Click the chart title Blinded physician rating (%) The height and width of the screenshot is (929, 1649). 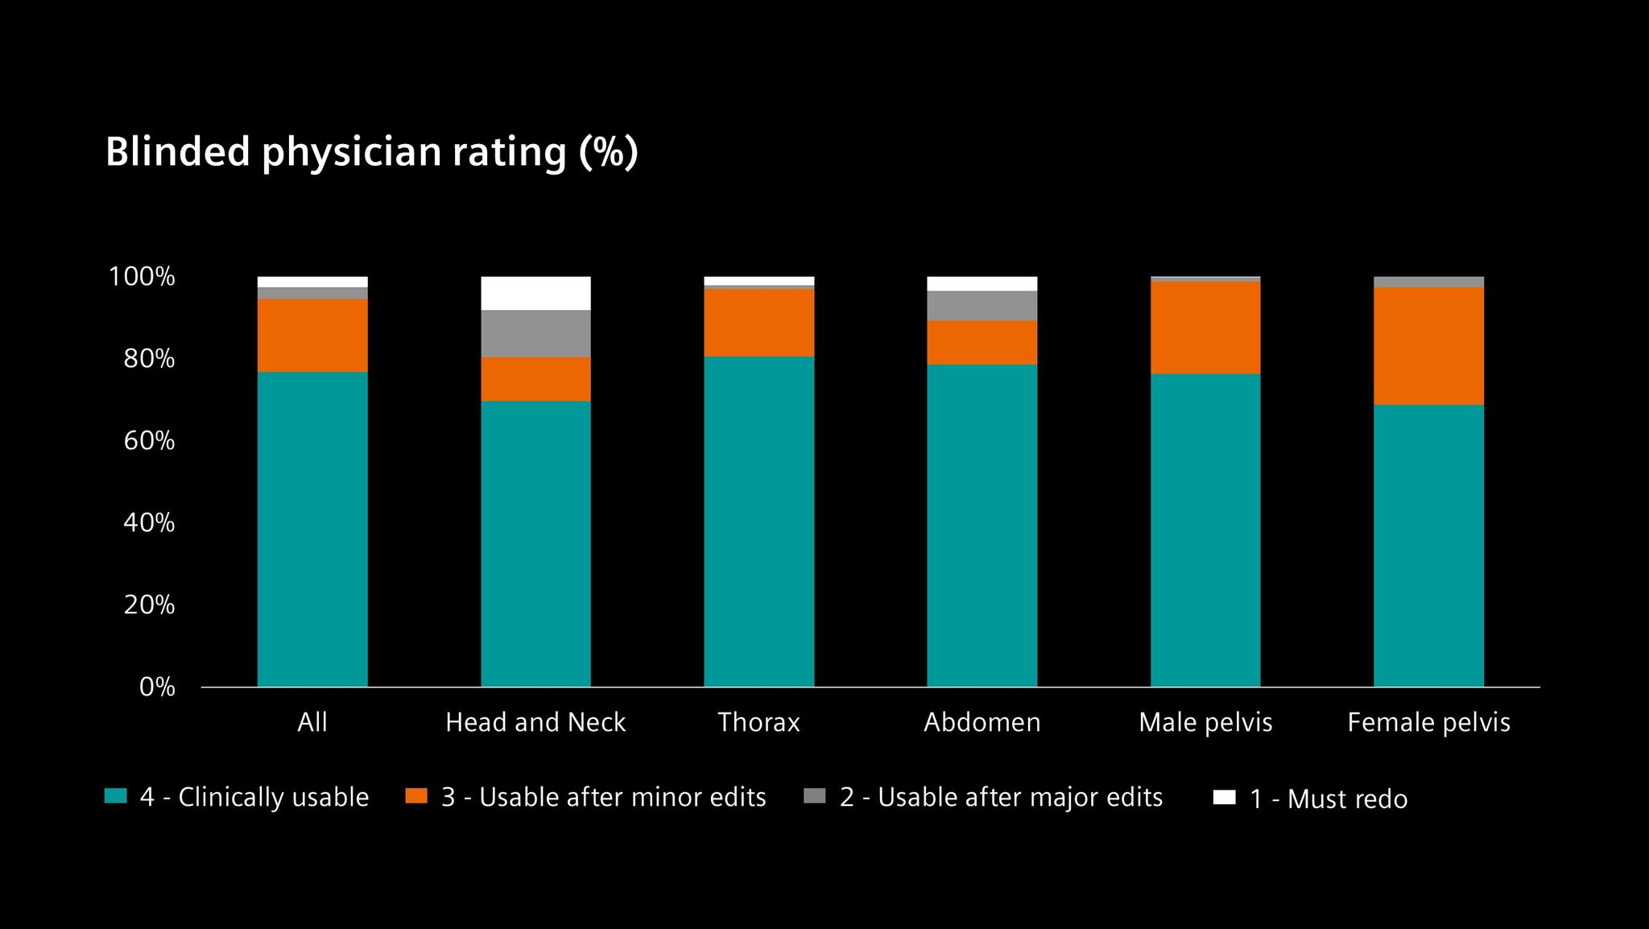click(x=371, y=151)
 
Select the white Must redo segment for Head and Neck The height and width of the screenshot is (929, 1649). click(x=535, y=293)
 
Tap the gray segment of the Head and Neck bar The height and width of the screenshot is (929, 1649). click(x=535, y=333)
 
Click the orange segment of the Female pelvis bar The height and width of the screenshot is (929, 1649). click(x=1428, y=346)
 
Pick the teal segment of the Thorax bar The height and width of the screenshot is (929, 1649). click(x=758, y=522)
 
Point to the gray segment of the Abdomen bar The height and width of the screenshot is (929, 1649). click(x=982, y=306)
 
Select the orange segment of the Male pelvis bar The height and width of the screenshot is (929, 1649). click(x=1205, y=327)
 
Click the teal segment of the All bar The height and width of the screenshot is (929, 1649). click(x=312, y=529)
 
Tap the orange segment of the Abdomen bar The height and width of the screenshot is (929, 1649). click(x=982, y=342)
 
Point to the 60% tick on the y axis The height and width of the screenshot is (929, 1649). click(x=149, y=441)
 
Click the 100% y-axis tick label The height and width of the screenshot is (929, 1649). click(x=142, y=277)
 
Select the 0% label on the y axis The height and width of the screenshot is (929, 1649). click(x=157, y=687)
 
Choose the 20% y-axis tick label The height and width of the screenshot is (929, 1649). click(x=149, y=605)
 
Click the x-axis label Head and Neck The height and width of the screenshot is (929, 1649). click(x=535, y=722)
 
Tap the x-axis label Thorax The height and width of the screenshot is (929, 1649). click(x=758, y=722)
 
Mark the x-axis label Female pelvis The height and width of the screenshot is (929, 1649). click(x=1428, y=722)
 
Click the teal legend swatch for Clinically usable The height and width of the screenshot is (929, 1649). click(x=116, y=796)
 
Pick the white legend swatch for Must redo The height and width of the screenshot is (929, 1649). click(x=1224, y=797)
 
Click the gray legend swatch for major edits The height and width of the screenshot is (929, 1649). click(x=815, y=796)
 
